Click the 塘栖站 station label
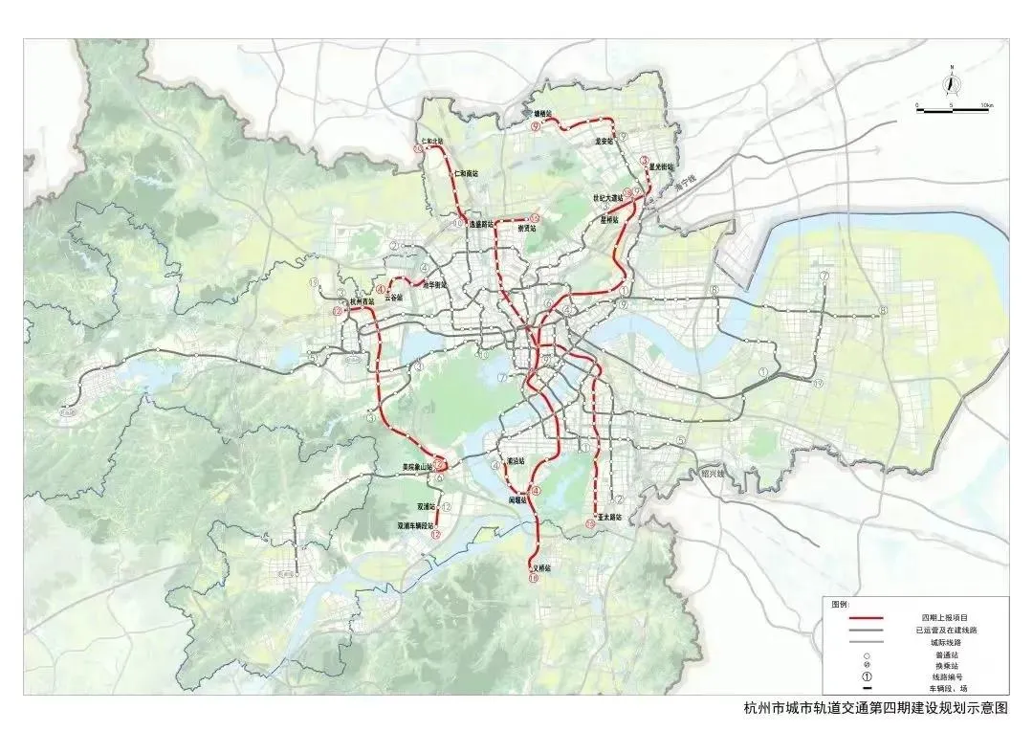point(542,114)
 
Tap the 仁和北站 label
point(431,141)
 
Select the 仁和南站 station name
point(467,173)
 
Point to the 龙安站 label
point(604,140)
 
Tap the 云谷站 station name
point(393,298)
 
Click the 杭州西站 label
point(363,301)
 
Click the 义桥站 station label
point(541,568)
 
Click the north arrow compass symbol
point(951,85)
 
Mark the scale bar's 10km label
point(985,104)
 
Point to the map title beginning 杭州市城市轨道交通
point(875,709)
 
